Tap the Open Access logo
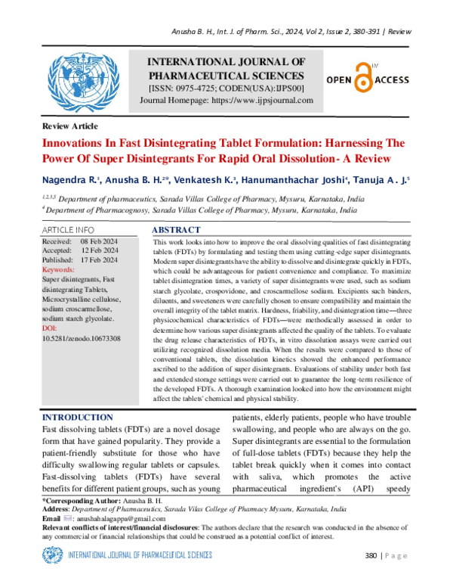pyautogui.click(x=367, y=78)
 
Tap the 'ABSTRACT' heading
pyautogui.click(x=176, y=229)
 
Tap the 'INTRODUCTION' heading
pyautogui.click(x=78, y=418)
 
